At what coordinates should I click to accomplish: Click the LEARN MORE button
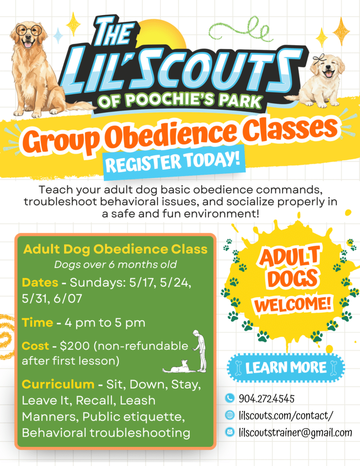click(286, 368)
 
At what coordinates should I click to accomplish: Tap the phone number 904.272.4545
click(267, 399)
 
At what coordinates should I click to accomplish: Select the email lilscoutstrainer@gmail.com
click(295, 432)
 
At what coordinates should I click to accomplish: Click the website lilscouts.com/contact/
click(286, 415)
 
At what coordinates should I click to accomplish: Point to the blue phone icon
click(229, 398)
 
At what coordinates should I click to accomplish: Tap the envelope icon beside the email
click(229, 432)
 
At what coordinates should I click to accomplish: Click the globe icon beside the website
click(229, 415)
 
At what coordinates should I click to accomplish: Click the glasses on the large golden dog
click(29, 30)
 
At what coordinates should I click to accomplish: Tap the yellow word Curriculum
click(58, 384)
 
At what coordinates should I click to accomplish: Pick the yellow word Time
click(37, 323)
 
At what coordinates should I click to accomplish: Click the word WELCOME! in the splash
click(293, 304)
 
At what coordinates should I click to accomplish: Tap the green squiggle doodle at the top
click(240, 30)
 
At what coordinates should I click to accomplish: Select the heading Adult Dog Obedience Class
click(115, 249)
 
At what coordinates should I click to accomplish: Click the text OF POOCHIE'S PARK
click(180, 100)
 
